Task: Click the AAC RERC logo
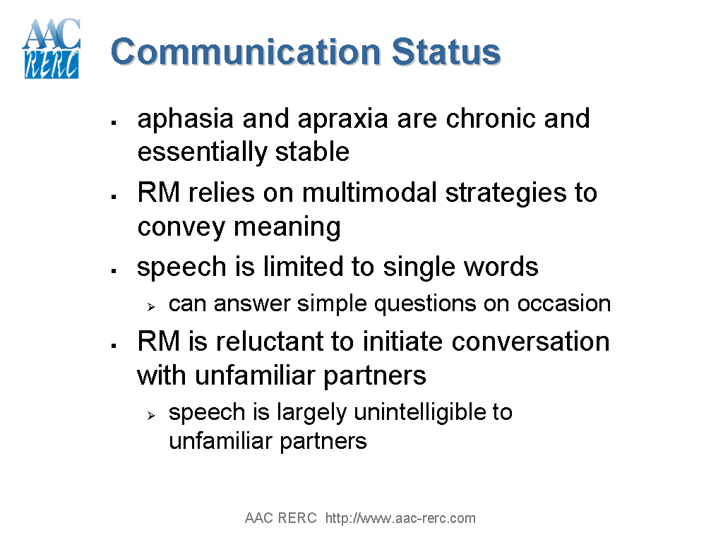tap(51, 48)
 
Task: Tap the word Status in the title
tap(446, 52)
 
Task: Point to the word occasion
tap(564, 303)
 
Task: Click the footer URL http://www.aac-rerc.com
tap(400, 519)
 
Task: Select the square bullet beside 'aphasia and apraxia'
tap(113, 123)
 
